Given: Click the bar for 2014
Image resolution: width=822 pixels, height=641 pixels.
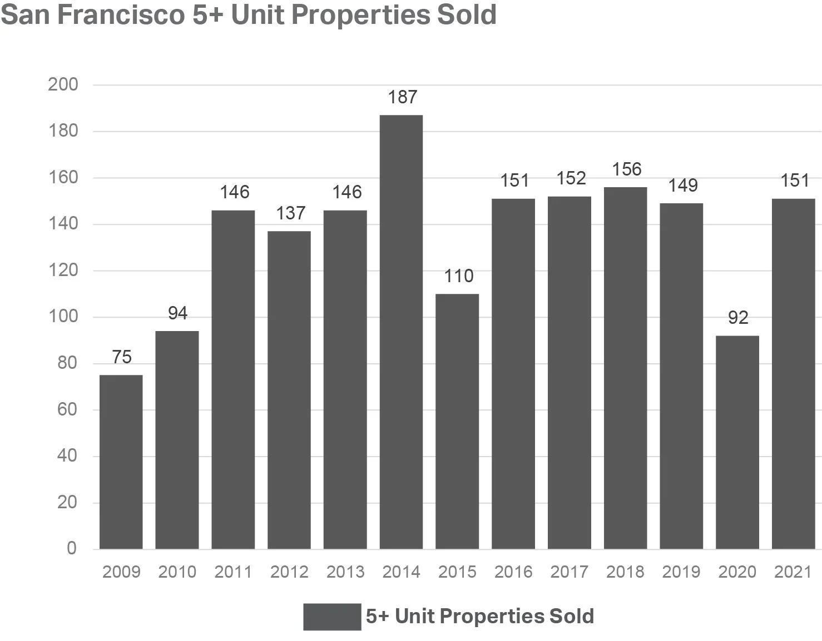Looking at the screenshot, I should coord(401,332).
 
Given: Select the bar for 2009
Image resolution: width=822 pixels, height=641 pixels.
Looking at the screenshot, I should coord(121,462).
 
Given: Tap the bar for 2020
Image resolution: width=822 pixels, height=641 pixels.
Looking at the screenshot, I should coord(737,442).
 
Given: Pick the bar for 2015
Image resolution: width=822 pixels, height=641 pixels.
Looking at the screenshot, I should coord(457,421).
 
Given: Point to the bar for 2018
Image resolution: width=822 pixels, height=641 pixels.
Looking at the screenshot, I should coord(625,368).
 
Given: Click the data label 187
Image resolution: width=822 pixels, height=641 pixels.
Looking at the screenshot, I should coord(402,97).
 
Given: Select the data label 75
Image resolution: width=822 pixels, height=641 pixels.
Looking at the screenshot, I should coord(122,357).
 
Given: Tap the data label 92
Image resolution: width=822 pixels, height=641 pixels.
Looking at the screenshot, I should coord(738,318).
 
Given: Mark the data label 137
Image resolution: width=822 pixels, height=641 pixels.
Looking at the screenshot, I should coord(290,213).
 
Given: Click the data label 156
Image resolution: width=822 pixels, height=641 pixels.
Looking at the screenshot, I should coord(627,169).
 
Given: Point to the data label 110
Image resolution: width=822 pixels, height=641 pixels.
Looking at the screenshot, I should coord(458,276).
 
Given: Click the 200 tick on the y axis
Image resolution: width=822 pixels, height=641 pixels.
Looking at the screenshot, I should coord(63,85).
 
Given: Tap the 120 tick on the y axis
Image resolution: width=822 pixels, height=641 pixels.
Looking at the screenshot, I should coord(63,271).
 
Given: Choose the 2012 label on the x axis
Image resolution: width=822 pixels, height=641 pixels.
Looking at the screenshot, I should coord(289,572).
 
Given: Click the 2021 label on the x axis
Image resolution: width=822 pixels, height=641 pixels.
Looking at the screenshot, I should coord(793,572).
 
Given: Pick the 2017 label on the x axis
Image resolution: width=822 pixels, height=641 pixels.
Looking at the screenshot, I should coord(569,572).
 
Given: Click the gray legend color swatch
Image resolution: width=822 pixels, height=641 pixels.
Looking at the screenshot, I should coord(332,617).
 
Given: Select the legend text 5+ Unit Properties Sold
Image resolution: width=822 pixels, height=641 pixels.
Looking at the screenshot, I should coord(480,617).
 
